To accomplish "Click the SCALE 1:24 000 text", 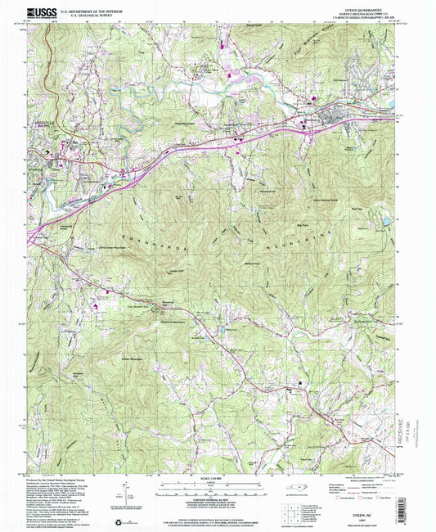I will (x=218, y=477).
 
